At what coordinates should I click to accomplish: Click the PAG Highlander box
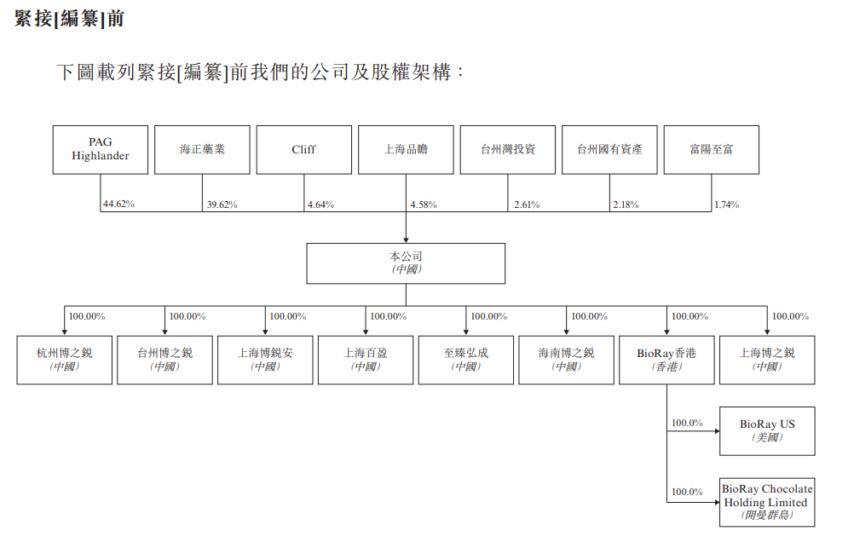click(x=100, y=150)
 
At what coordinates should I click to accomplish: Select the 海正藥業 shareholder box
click(x=202, y=150)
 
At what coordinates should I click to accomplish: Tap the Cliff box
click(x=303, y=150)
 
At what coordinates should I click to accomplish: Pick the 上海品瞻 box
click(x=406, y=150)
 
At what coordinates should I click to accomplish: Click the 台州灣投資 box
click(x=507, y=150)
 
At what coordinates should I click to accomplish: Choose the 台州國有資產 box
click(x=609, y=150)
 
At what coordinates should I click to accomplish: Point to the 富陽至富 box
click(x=711, y=150)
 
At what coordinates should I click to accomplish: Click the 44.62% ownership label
click(x=118, y=205)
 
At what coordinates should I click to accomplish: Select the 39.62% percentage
click(x=222, y=205)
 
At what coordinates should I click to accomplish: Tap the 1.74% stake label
click(x=727, y=205)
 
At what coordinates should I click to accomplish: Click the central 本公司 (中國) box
click(x=406, y=263)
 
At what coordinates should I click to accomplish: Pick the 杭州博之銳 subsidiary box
click(x=65, y=360)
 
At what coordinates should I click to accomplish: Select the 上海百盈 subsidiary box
click(x=366, y=360)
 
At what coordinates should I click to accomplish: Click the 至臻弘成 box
click(x=466, y=360)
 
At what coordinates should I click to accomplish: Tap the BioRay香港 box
click(x=666, y=360)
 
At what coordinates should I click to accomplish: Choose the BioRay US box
click(x=767, y=430)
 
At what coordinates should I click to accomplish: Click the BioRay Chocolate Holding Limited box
click(x=767, y=503)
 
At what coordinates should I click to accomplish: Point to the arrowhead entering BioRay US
click(x=715, y=431)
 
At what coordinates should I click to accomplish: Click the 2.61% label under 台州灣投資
click(x=526, y=205)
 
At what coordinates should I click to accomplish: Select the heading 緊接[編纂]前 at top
click(x=69, y=18)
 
